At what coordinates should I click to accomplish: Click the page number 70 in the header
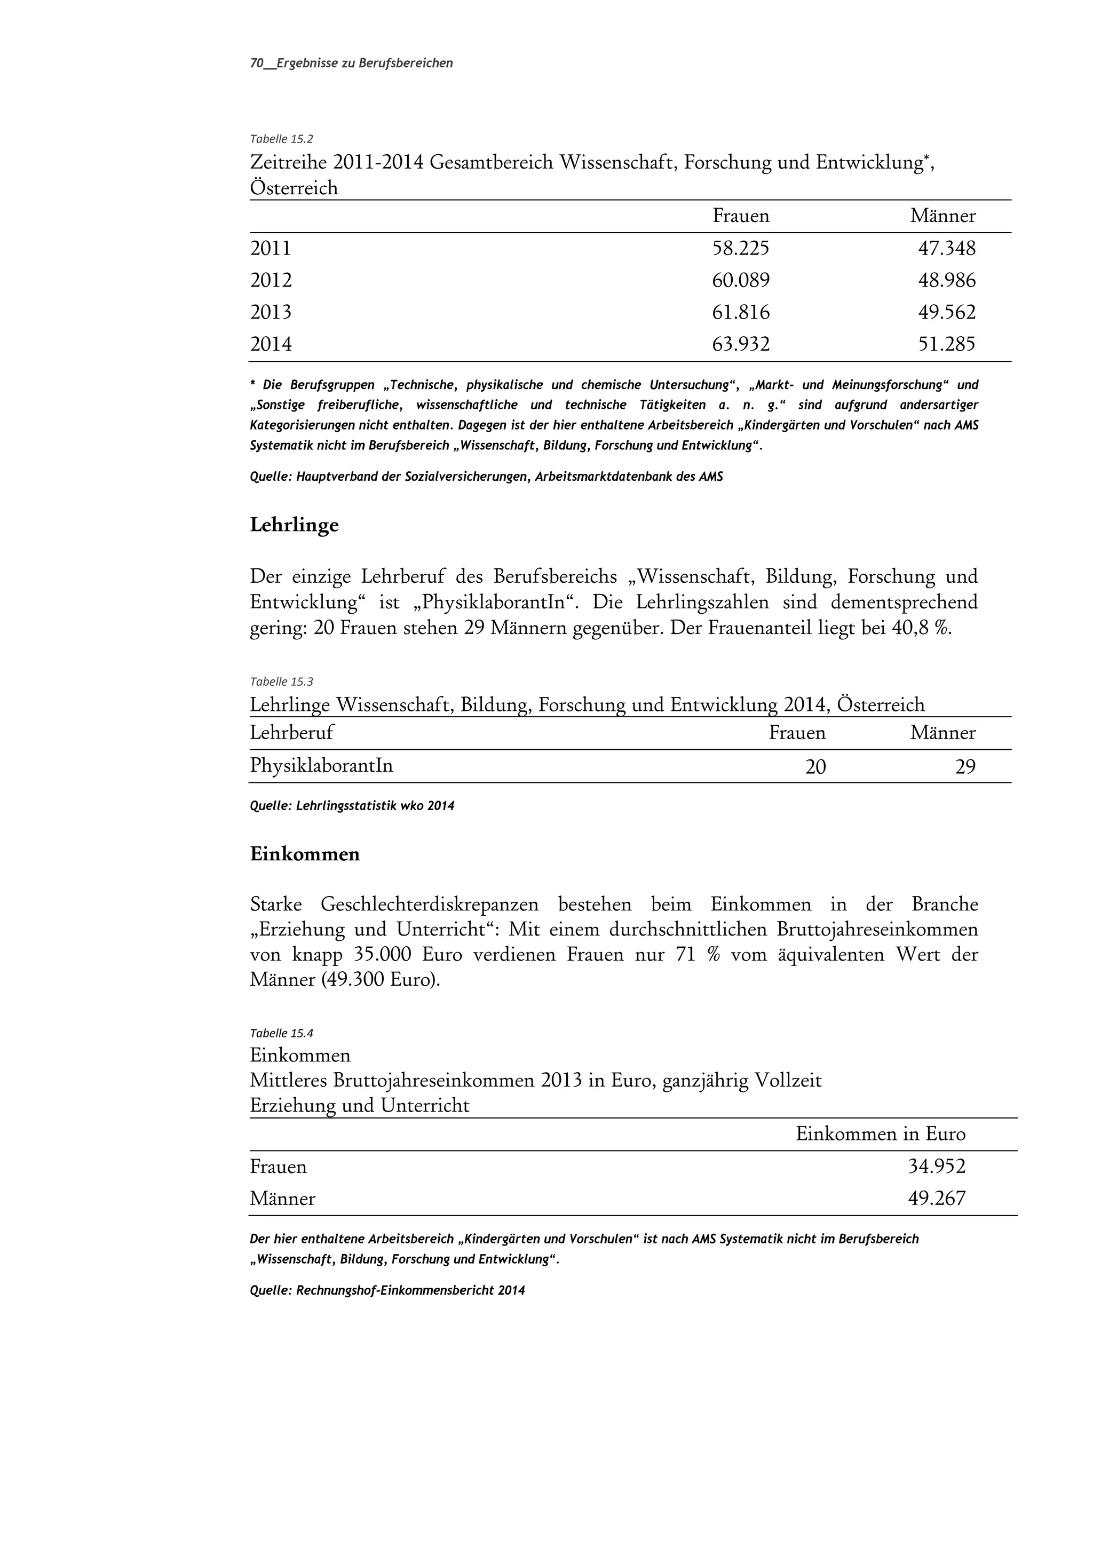(x=256, y=64)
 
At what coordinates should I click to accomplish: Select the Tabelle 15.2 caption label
(x=281, y=139)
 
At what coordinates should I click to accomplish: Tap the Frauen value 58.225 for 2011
(x=740, y=249)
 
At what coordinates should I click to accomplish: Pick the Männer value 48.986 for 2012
(x=946, y=280)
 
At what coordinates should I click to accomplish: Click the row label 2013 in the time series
(x=271, y=312)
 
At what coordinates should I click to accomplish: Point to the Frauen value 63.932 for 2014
(x=740, y=345)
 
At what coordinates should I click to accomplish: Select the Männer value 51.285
(x=946, y=345)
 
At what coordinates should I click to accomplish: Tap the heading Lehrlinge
(x=294, y=525)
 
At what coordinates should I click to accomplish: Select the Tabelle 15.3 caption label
(x=281, y=681)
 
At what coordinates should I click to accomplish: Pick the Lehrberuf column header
(x=291, y=733)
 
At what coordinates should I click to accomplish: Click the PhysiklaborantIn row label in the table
(x=321, y=766)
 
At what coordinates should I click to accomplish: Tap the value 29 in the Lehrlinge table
(x=964, y=767)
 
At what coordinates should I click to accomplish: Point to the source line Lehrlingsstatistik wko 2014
(x=352, y=805)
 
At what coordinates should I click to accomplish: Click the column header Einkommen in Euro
(x=880, y=1134)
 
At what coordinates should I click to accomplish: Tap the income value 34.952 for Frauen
(x=936, y=1166)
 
